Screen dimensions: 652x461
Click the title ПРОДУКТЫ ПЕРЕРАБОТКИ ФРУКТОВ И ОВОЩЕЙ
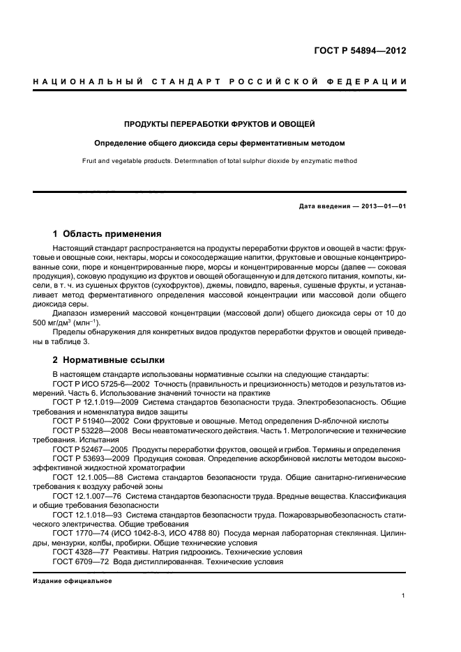point(220,125)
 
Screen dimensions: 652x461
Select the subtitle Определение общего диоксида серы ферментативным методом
point(220,143)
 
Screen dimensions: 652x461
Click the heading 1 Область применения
point(107,234)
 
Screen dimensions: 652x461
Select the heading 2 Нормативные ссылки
point(109,360)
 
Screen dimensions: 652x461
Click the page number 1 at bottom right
point(404,596)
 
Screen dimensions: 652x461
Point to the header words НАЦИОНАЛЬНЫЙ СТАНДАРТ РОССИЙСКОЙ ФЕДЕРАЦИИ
point(220,82)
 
